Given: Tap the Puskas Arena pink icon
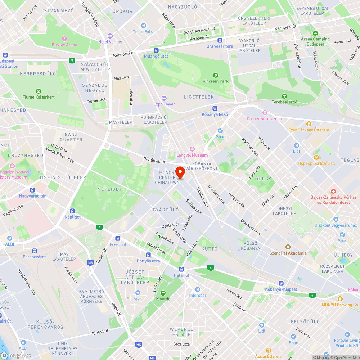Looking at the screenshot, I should (x=64, y=39).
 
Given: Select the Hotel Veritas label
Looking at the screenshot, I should (x=110, y=42).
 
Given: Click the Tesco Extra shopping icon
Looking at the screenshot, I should (x=144, y=26).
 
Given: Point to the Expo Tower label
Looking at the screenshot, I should (x=164, y=104).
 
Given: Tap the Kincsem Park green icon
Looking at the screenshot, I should (x=215, y=75).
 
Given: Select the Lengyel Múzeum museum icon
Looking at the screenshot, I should (x=192, y=149).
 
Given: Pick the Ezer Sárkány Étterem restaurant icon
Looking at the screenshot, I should (x=309, y=124).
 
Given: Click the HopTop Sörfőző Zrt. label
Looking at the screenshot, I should (x=316, y=163).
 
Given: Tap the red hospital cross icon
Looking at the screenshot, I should (x=333, y=191).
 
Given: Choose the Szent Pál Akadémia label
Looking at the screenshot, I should (x=288, y=253).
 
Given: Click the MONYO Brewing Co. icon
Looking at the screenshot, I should (x=340, y=298).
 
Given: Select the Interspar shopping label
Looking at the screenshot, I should (x=198, y=296).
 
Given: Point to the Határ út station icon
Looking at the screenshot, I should (x=181, y=269).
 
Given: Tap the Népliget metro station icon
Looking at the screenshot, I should (x=72, y=211).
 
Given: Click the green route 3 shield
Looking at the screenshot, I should (x=72, y=60).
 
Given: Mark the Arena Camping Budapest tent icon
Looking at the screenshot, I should (x=315, y=33).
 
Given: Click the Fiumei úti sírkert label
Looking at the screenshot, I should (x=39, y=97).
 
